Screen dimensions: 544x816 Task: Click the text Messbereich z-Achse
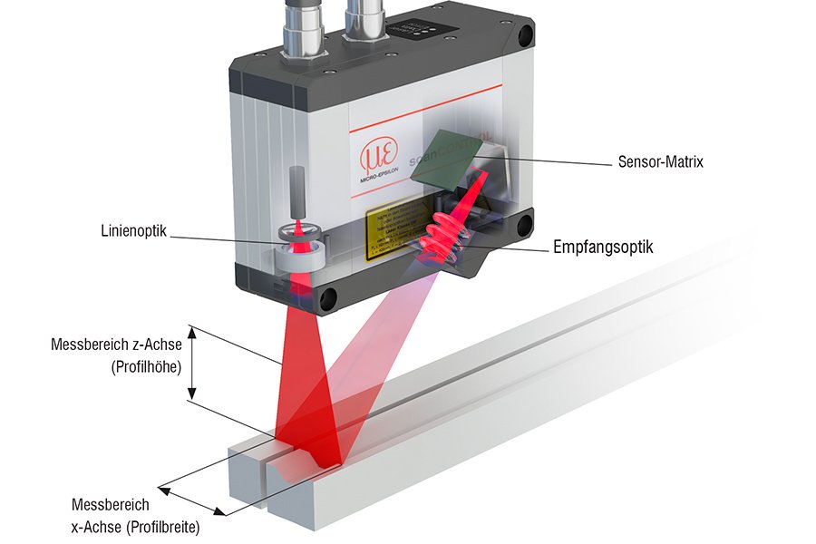pos(116,345)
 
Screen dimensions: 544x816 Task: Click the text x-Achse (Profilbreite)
pos(135,526)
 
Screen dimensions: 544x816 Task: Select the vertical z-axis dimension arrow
pos(192,362)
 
